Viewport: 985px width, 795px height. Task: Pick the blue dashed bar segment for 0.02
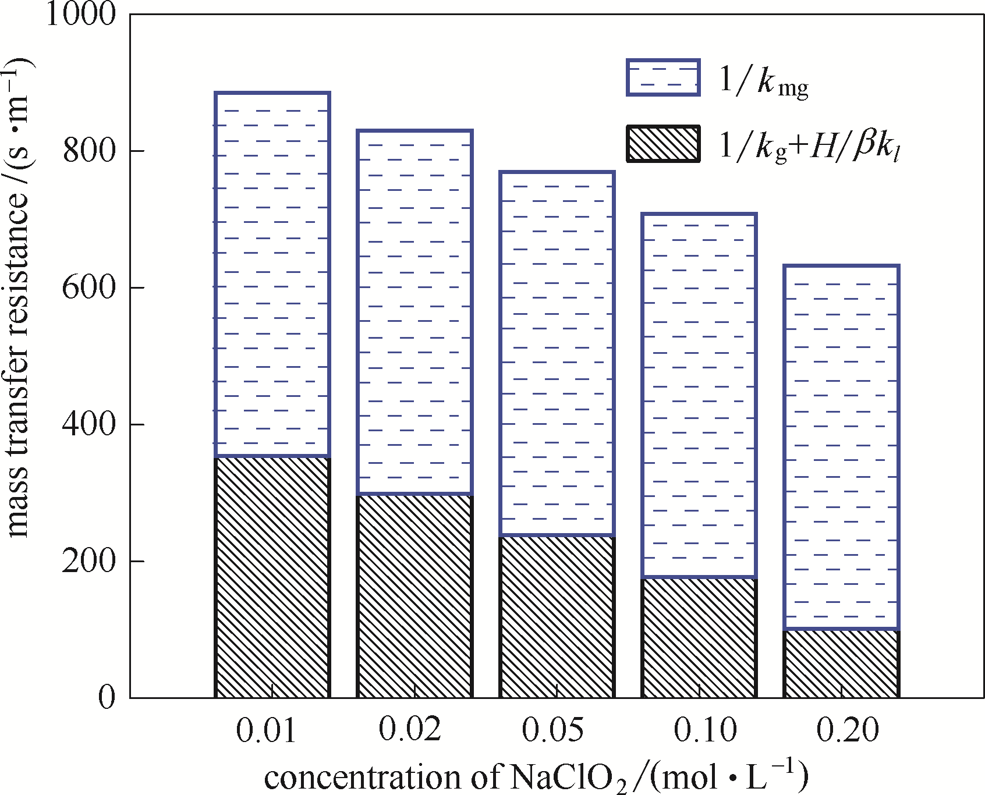[x=414, y=312]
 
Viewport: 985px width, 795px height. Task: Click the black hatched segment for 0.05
[x=557, y=616]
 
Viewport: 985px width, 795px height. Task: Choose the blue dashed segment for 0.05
[x=557, y=353]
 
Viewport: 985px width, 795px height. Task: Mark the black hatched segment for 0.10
[x=699, y=637]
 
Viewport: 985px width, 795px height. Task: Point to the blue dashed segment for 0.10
[x=699, y=396]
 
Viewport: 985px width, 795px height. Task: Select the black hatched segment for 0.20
[x=841, y=663]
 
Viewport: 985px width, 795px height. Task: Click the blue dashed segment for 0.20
[x=841, y=447]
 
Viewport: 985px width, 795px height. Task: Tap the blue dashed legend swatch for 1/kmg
[x=663, y=77]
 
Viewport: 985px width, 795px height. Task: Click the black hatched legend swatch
[x=663, y=143]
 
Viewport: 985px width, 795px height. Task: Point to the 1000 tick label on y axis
[x=80, y=14]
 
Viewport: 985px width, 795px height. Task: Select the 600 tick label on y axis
[x=89, y=287]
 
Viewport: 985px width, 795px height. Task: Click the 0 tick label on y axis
[x=107, y=697]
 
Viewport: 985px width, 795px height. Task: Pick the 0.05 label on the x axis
[x=552, y=729]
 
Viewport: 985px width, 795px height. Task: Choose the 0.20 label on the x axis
[x=847, y=729]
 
